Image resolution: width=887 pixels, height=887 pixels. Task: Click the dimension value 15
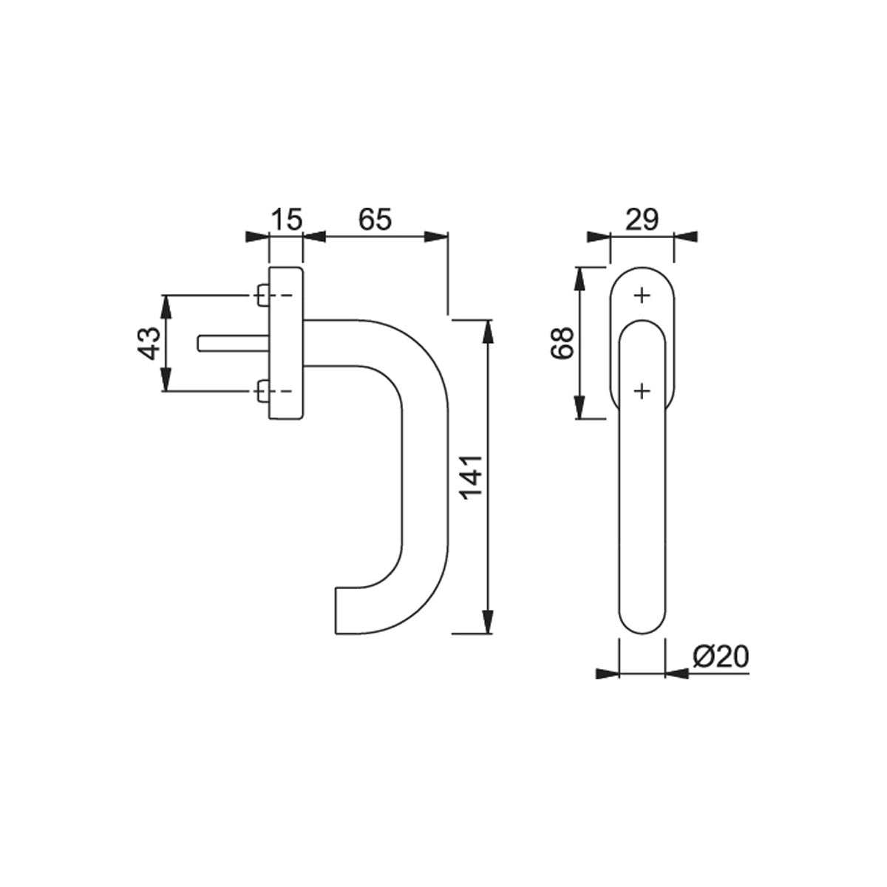click(286, 219)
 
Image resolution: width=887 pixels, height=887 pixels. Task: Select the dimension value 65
click(375, 219)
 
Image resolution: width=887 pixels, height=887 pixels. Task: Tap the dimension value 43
click(149, 343)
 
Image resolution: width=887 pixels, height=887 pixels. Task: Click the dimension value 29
click(642, 219)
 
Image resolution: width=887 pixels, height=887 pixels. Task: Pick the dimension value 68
click(562, 342)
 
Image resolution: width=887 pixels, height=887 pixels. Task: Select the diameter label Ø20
click(721, 657)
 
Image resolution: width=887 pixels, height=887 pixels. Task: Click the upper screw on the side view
click(263, 295)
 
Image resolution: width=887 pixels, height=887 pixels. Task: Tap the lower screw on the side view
click(263, 391)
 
